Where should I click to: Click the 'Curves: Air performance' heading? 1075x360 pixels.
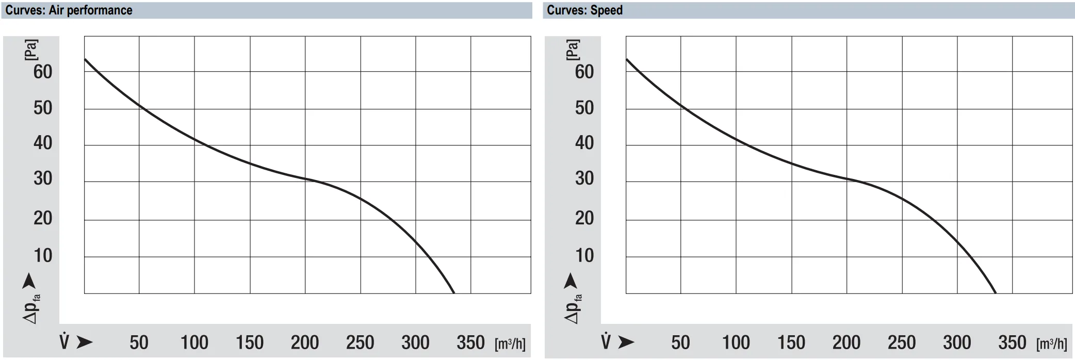pos(69,10)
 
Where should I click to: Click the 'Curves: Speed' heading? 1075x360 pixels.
pos(584,10)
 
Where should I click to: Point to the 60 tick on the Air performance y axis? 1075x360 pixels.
pos(43,72)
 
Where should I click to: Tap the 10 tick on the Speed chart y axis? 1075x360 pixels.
pos(584,255)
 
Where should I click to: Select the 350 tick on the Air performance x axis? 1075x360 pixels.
pos(470,342)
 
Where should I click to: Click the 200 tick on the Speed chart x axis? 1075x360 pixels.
pos(846,342)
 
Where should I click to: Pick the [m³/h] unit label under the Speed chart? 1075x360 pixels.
pos(1052,343)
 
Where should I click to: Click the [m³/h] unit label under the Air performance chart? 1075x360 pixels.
pos(510,343)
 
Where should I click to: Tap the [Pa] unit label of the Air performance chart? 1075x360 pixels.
pos(31,50)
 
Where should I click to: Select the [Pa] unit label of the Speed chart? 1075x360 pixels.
pos(573,50)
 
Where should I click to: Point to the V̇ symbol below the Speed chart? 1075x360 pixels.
pos(606,341)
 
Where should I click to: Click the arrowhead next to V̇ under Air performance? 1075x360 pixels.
pos(85,342)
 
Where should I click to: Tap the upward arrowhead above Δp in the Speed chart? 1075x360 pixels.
pos(570,281)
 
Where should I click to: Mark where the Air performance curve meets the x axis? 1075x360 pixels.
pos(454,293)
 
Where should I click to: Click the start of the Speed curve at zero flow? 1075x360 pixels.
pos(626,59)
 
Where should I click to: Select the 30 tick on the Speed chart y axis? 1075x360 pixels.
pos(584,178)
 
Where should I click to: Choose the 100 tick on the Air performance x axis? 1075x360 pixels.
pos(194,342)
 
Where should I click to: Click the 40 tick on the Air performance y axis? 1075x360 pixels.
pos(43,143)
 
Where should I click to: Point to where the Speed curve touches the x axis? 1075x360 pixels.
pos(996,293)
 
